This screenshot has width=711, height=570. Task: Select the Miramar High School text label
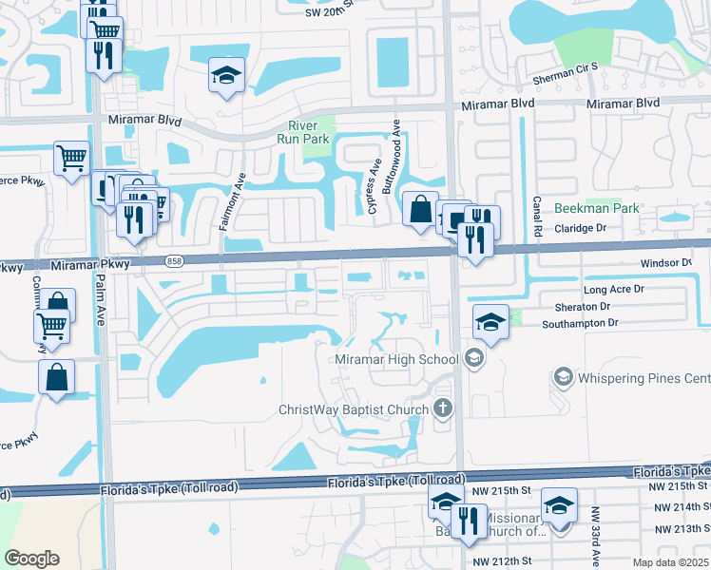coord(396,359)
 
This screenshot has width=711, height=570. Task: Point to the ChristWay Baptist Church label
coord(353,409)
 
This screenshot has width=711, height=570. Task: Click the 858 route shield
coord(173,260)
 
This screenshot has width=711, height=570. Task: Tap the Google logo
coord(31,558)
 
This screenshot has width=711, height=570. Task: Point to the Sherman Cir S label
coord(562,66)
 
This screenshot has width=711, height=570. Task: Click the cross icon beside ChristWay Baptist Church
coord(442,409)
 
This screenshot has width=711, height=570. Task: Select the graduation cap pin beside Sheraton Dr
coord(490,322)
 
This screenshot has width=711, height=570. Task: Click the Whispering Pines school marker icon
coord(564,378)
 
